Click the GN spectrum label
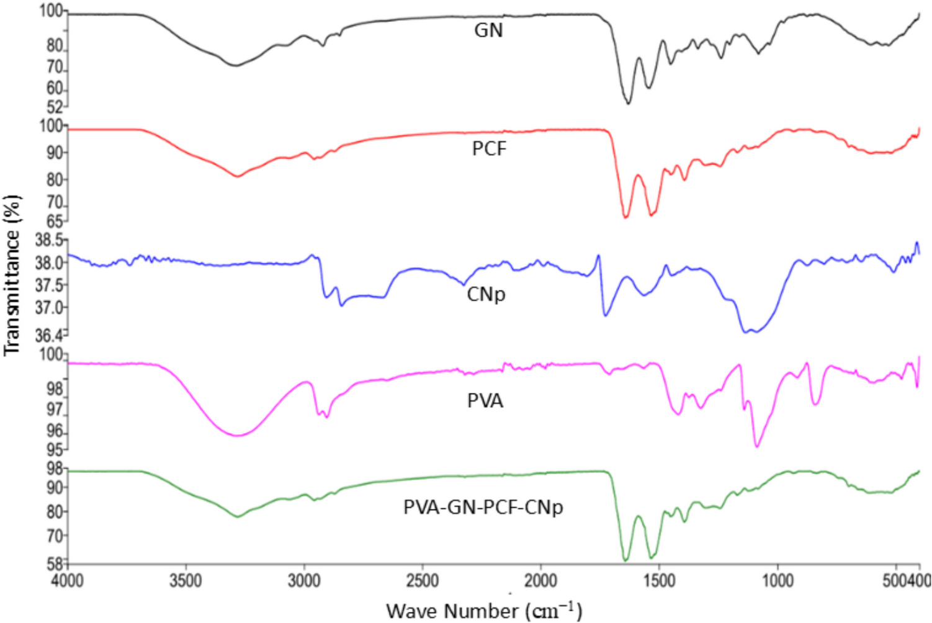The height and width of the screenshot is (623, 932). (x=488, y=30)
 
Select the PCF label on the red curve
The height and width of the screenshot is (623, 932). (x=489, y=149)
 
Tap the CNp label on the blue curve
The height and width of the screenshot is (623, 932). (x=486, y=294)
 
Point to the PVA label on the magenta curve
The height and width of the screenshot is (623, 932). (x=485, y=401)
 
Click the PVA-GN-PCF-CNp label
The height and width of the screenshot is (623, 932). (x=483, y=508)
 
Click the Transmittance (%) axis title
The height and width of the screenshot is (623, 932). (x=12, y=276)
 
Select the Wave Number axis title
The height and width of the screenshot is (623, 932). (x=484, y=611)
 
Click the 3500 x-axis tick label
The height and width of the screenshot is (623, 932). (x=186, y=581)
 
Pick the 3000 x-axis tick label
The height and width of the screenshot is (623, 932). (x=304, y=581)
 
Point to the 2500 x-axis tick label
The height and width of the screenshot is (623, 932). (x=423, y=581)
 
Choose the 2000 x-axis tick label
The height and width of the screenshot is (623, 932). (x=540, y=581)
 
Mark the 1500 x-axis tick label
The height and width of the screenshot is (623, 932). (x=659, y=581)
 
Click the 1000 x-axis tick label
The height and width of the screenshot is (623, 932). (x=777, y=581)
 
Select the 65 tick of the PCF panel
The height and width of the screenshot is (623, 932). (x=55, y=222)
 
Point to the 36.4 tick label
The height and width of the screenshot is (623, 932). (x=48, y=336)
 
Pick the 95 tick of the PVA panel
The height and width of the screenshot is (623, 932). (x=55, y=449)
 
